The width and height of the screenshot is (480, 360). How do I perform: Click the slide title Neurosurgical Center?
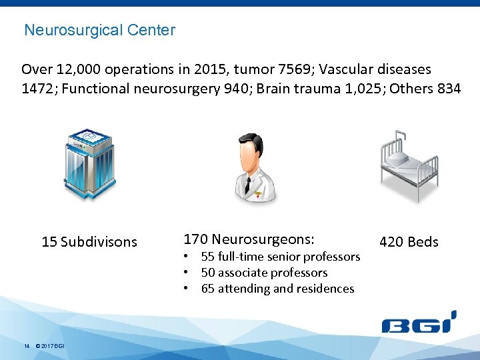tap(99, 30)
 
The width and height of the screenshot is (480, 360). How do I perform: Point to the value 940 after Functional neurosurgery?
tap(243, 89)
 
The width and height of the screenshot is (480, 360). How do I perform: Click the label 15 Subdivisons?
tap(89, 242)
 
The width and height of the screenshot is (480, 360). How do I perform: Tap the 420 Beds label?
tap(409, 242)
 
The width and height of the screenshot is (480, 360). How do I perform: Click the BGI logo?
tap(419, 323)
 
